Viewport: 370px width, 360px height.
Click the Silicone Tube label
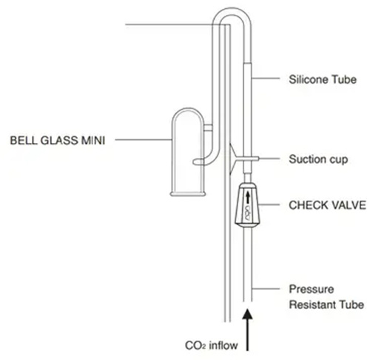pyautogui.click(x=323, y=79)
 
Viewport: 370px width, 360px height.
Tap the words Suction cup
pyautogui.click(x=318, y=159)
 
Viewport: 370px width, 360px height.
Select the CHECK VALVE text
pyautogui.click(x=327, y=205)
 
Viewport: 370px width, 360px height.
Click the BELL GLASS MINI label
pyautogui.click(x=58, y=140)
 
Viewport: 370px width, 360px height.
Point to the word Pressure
pyautogui.click(x=312, y=289)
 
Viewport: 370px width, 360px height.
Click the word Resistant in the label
pyautogui.click(x=312, y=304)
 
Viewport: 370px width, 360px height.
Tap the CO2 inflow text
pyautogui.click(x=212, y=345)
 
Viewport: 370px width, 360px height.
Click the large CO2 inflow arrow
pyautogui.click(x=247, y=330)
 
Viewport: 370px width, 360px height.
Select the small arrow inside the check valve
pyautogui.click(x=248, y=197)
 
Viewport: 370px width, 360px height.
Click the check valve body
pyautogui.click(x=247, y=204)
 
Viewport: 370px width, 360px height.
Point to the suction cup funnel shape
pyautogui.click(x=233, y=159)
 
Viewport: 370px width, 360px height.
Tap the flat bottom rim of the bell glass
pyautogui.click(x=188, y=194)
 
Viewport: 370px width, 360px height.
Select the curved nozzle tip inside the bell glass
pyautogui.click(x=198, y=161)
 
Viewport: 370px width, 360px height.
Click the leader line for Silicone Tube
pyautogui.click(x=266, y=79)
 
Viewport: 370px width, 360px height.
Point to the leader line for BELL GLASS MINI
pyautogui.click(x=144, y=140)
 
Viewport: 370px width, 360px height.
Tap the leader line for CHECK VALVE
pyautogui.click(x=269, y=204)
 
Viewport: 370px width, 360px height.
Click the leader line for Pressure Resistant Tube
pyautogui.click(x=266, y=288)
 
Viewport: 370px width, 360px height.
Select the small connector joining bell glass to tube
pyautogui.click(x=208, y=127)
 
